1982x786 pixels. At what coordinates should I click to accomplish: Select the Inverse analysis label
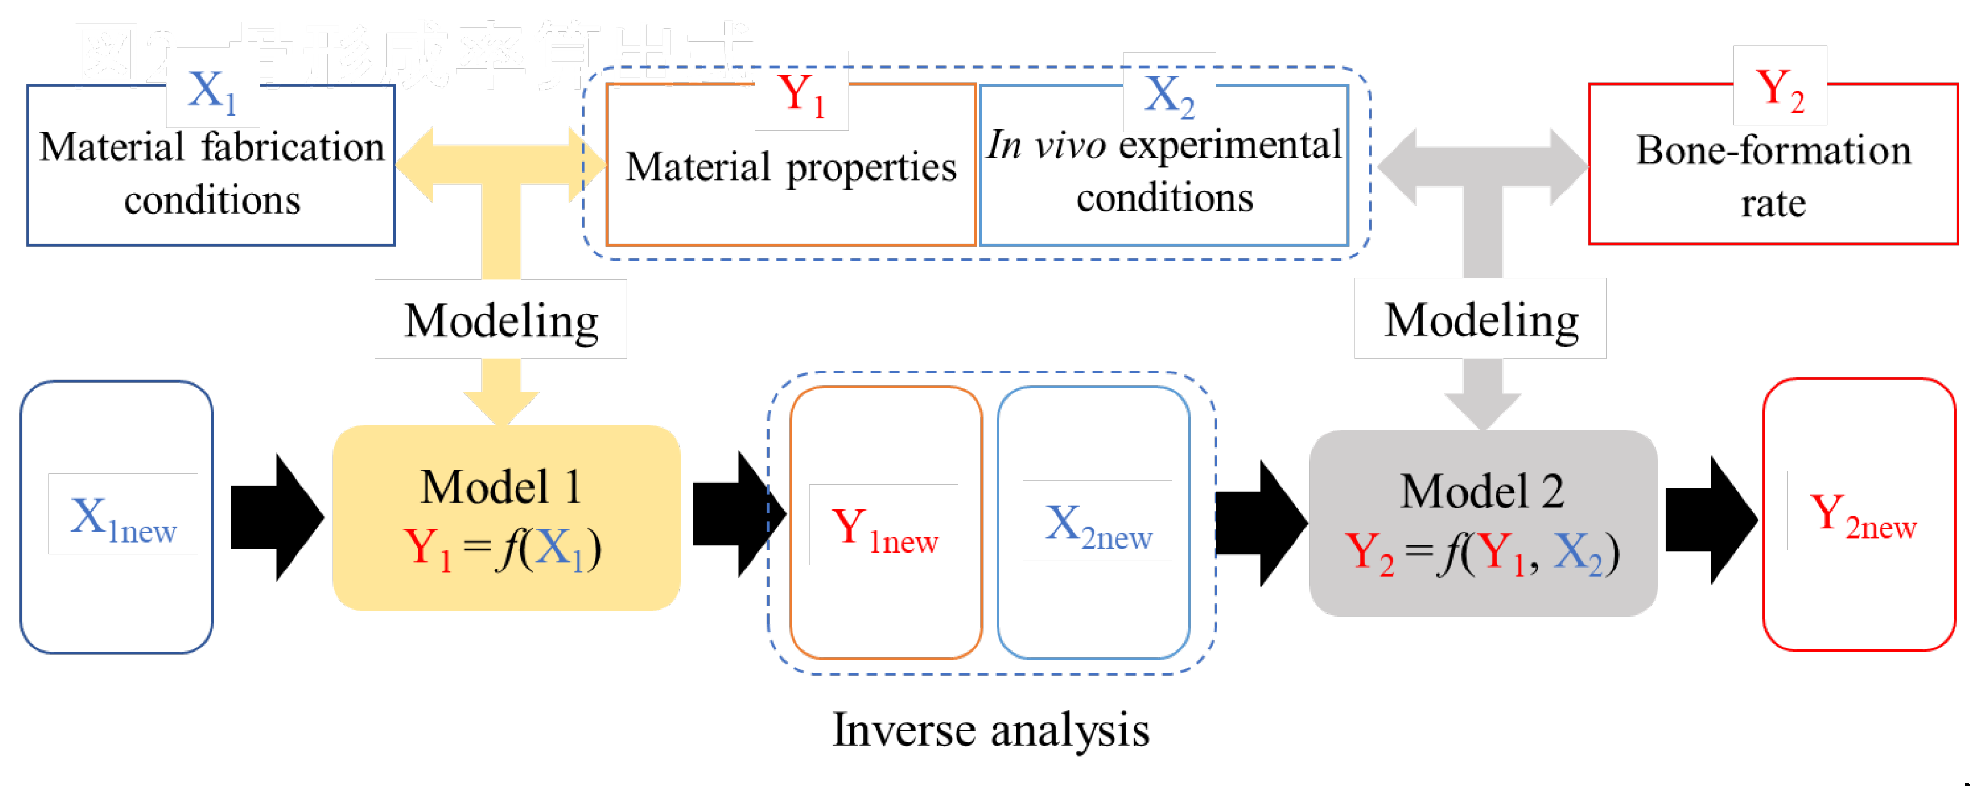pyautogui.click(x=991, y=728)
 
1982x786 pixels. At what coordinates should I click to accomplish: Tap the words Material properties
pyautogui.click(x=790, y=167)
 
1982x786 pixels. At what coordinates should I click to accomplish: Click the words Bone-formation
pyautogui.click(x=1773, y=150)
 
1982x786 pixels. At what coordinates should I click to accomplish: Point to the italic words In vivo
pyautogui.click(x=1046, y=144)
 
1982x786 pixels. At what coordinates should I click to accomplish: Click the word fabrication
pyautogui.click(x=292, y=147)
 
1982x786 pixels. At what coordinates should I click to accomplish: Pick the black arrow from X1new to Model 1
pyautogui.click(x=277, y=517)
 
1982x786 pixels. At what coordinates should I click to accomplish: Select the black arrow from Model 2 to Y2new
pyautogui.click(x=1711, y=520)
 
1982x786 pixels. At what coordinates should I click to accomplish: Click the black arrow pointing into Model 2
pyautogui.click(x=1261, y=523)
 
